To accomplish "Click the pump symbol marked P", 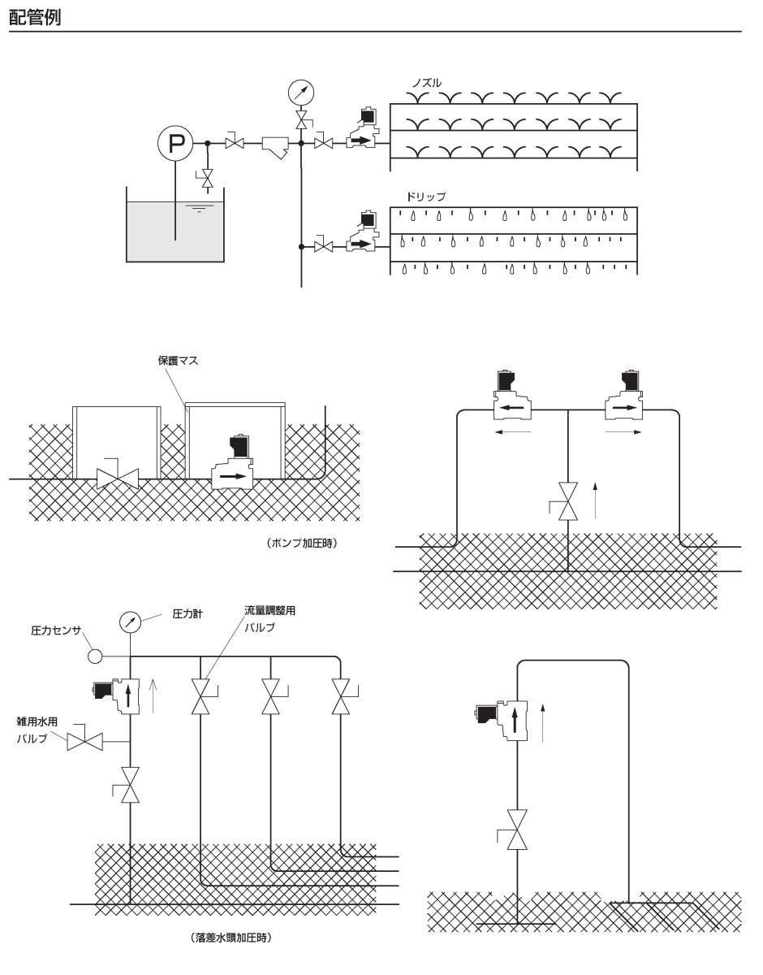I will click(176, 145).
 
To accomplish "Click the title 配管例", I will click(35, 16).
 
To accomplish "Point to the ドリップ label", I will click(426, 197).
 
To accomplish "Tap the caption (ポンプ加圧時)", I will click(301, 543).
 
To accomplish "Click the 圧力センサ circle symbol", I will click(95, 655).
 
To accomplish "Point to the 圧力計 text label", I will click(187, 615).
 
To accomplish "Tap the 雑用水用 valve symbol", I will click(85, 741).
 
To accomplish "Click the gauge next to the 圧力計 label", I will click(130, 622).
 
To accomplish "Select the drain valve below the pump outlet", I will click(208, 177).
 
